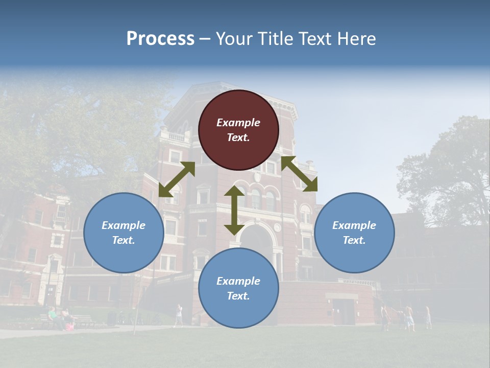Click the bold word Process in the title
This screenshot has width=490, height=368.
tap(160, 39)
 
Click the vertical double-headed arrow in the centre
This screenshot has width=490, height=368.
tap(234, 210)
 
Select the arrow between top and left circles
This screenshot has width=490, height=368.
tap(177, 179)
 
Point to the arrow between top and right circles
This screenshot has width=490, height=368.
tap(299, 174)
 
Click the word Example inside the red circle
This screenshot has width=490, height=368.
tap(238, 123)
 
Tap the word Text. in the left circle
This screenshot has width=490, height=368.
tap(124, 240)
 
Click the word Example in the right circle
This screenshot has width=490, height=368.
tap(354, 225)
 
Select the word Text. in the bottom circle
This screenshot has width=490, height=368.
tap(238, 296)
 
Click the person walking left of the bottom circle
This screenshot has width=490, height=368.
tap(178, 315)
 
